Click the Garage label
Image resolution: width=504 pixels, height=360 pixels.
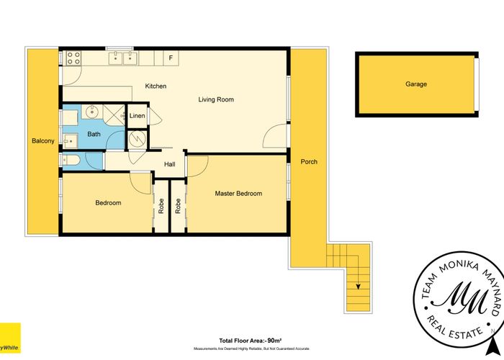415,84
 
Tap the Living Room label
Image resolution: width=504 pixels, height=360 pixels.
216,99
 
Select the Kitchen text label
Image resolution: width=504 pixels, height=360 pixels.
156,86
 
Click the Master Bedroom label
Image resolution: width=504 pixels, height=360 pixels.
238,194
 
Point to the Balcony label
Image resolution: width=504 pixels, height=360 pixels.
42,141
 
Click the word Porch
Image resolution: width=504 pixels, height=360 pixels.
308,161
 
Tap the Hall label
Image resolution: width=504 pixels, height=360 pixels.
169,165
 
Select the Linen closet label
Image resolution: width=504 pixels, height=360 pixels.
137,116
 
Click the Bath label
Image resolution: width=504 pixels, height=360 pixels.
94,134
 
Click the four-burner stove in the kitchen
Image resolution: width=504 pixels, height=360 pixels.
74,58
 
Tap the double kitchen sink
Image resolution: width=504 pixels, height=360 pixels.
122,58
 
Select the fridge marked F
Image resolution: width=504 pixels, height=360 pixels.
171,57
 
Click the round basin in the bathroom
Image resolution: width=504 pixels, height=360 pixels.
91,112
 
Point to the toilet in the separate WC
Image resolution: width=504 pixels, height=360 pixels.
73,160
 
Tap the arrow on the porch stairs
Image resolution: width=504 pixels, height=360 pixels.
358,286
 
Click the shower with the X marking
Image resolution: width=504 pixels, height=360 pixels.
113,114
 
